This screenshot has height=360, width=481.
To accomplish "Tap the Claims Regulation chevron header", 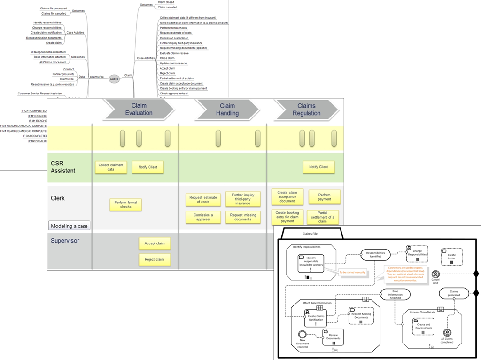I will [306, 110].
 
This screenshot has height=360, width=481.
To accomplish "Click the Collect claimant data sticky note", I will [111, 167].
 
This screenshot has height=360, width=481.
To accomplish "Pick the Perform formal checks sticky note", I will [126, 204].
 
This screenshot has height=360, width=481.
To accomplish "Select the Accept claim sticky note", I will [155, 243].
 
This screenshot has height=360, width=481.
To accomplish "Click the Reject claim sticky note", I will [155, 259].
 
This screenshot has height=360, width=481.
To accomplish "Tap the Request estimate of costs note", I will [203, 200].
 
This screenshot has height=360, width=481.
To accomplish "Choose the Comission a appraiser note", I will [203, 217].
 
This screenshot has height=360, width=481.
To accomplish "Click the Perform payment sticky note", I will [324, 197].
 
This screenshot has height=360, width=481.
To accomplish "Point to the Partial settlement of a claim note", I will [322, 217].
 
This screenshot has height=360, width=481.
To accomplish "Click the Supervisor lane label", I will [65, 241].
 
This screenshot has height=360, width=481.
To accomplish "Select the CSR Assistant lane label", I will [63, 167].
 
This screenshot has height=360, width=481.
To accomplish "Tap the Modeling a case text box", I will [70, 226].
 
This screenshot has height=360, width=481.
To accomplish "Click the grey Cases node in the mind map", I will [114, 78].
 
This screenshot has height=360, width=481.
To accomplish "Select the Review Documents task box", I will [333, 337].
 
